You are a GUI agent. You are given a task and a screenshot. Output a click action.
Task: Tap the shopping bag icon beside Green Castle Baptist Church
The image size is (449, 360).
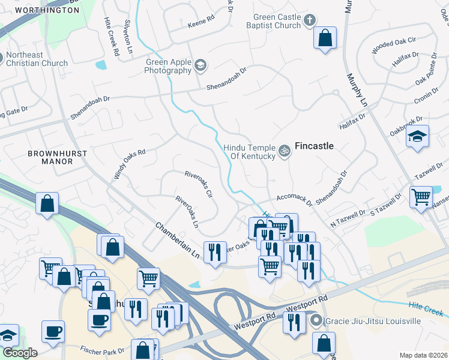pos(325,39)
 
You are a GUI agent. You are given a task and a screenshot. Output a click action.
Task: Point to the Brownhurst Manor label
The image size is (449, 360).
pos(57,158)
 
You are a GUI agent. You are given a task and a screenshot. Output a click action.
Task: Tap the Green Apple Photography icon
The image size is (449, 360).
pos(200,66)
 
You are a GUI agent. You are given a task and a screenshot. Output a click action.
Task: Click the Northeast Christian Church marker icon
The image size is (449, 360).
pos(2,59)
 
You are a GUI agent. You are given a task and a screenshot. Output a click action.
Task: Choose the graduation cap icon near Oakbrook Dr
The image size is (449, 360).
pos(418,136)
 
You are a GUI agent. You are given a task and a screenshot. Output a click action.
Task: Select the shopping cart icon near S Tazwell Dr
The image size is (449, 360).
pos(421,197)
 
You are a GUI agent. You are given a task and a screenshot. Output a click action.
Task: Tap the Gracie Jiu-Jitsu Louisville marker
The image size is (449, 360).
pos(316,321)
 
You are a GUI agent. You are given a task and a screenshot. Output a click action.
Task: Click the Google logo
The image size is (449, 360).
pos(20,353)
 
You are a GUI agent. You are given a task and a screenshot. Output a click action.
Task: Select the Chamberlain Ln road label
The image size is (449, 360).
pos(177,241)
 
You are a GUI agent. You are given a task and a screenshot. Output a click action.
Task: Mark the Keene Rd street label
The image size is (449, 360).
pos(200,21)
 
